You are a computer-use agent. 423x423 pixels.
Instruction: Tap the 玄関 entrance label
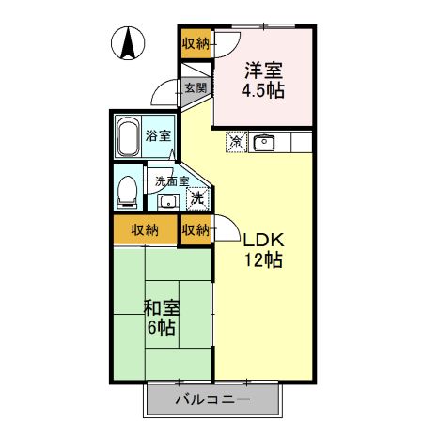(196, 88)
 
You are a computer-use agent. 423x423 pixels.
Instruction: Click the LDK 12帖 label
(264, 250)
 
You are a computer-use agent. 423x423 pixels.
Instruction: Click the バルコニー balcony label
(212, 399)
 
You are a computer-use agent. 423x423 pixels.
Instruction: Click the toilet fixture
(126, 192)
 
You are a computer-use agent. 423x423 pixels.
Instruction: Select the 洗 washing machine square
(196, 197)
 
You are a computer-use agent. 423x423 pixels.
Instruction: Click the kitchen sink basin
(263, 143)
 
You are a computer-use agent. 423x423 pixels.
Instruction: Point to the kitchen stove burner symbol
(237, 143)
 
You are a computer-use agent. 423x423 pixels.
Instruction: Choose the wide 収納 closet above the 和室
(144, 229)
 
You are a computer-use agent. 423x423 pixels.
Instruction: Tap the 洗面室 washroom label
(172, 180)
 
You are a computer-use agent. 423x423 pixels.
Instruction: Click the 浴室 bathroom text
(158, 135)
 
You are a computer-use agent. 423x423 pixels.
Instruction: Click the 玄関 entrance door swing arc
(164, 93)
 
